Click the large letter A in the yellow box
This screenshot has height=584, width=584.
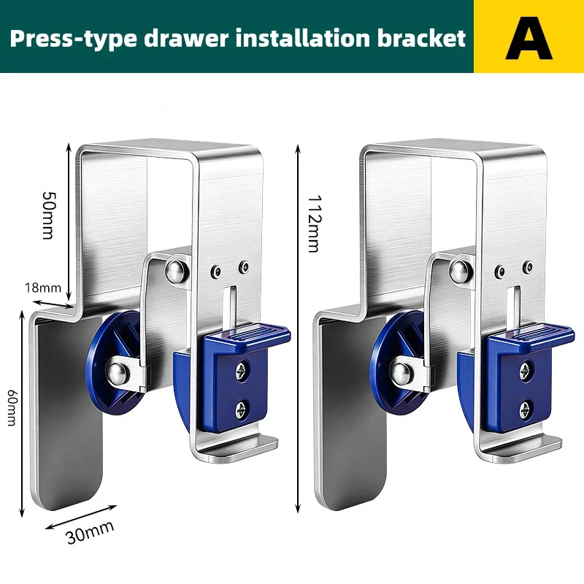click(x=529, y=39)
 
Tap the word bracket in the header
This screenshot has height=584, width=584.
click(x=421, y=38)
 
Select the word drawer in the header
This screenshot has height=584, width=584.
click(x=186, y=39)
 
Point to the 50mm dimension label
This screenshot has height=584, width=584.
click(x=48, y=215)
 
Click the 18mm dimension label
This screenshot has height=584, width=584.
click(x=43, y=288)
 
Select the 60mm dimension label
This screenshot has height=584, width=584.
click(x=12, y=407)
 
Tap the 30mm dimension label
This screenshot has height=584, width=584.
click(x=90, y=532)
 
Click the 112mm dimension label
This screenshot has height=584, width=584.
click(x=313, y=223)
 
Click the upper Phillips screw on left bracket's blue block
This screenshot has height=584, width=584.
click(x=242, y=370)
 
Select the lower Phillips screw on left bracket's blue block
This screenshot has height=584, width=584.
click(x=242, y=410)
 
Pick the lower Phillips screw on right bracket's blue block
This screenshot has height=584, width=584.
click(x=526, y=410)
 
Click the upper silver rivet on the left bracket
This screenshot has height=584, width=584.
click(x=175, y=272)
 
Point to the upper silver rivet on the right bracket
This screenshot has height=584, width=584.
click(x=459, y=272)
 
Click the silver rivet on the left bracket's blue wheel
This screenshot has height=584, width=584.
click(x=117, y=373)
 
